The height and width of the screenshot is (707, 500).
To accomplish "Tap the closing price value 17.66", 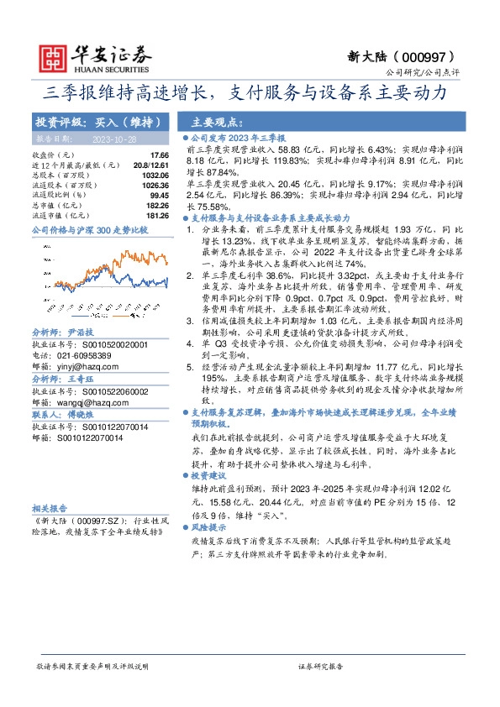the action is [160, 155].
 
